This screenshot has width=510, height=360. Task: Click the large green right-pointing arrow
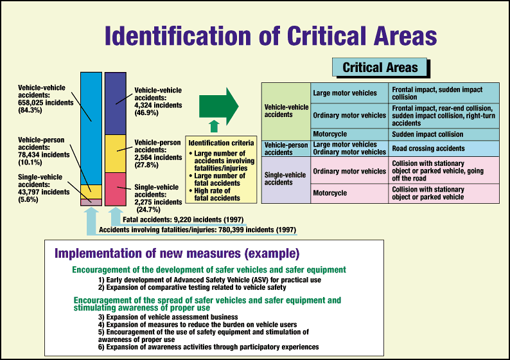click(218, 107)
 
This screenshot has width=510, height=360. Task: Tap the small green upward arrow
click(214, 126)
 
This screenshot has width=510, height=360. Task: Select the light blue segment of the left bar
click(91, 129)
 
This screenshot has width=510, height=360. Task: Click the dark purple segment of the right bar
click(116, 104)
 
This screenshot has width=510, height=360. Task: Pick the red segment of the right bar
click(116, 189)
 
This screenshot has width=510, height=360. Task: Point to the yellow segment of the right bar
click(116, 154)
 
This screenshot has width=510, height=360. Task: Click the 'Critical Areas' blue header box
click(379, 67)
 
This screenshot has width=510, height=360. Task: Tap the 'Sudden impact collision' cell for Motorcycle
click(444, 134)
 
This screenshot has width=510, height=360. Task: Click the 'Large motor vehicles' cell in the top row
click(349, 93)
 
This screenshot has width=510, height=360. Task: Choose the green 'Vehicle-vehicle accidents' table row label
click(286, 111)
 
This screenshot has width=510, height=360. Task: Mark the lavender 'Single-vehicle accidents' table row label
click(286, 180)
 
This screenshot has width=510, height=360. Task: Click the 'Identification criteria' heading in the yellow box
click(221, 143)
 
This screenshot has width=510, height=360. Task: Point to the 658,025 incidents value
click(46, 102)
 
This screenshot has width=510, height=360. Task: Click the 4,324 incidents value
click(158, 105)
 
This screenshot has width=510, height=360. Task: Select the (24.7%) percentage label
click(148, 210)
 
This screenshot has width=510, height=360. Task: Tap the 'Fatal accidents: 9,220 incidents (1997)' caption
click(183, 220)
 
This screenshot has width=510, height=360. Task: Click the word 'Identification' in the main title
click(178, 35)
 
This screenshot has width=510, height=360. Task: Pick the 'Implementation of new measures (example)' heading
click(177, 253)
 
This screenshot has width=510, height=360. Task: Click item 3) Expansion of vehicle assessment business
click(168, 317)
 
